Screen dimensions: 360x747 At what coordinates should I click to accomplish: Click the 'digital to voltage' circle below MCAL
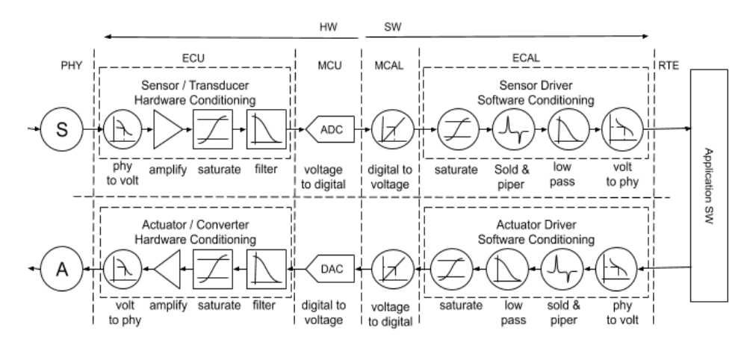pos(388,130)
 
